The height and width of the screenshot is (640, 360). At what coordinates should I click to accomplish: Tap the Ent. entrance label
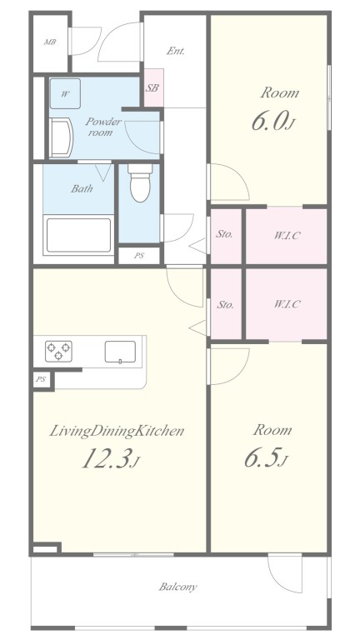click(176, 51)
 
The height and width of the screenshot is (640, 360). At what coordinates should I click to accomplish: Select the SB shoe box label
click(152, 87)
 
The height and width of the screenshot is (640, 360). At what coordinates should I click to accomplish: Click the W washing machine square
click(65, 93)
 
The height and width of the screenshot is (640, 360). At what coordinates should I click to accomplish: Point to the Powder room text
click(102, 127)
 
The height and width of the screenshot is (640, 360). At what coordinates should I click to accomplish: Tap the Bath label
click(81, 188)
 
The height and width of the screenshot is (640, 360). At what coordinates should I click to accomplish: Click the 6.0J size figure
click(272, 122)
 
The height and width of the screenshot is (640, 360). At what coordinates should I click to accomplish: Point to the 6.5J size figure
click(267, 459)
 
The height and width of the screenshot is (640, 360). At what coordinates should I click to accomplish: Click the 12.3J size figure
click(108, 459)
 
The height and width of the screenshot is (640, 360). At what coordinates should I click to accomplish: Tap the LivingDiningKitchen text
click(117, 431)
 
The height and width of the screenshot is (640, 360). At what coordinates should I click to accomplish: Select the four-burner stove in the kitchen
click(58, 351)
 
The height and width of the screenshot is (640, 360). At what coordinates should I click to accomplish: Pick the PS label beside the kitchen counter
click(41, 379)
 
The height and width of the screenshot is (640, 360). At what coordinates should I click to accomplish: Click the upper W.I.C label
click(286, 235)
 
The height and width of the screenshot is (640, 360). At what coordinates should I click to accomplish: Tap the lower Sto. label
click(225, 305)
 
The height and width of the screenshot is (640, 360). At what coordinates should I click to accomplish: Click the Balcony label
click(178, 587)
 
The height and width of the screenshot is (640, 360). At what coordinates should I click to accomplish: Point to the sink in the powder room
click(59, 137)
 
